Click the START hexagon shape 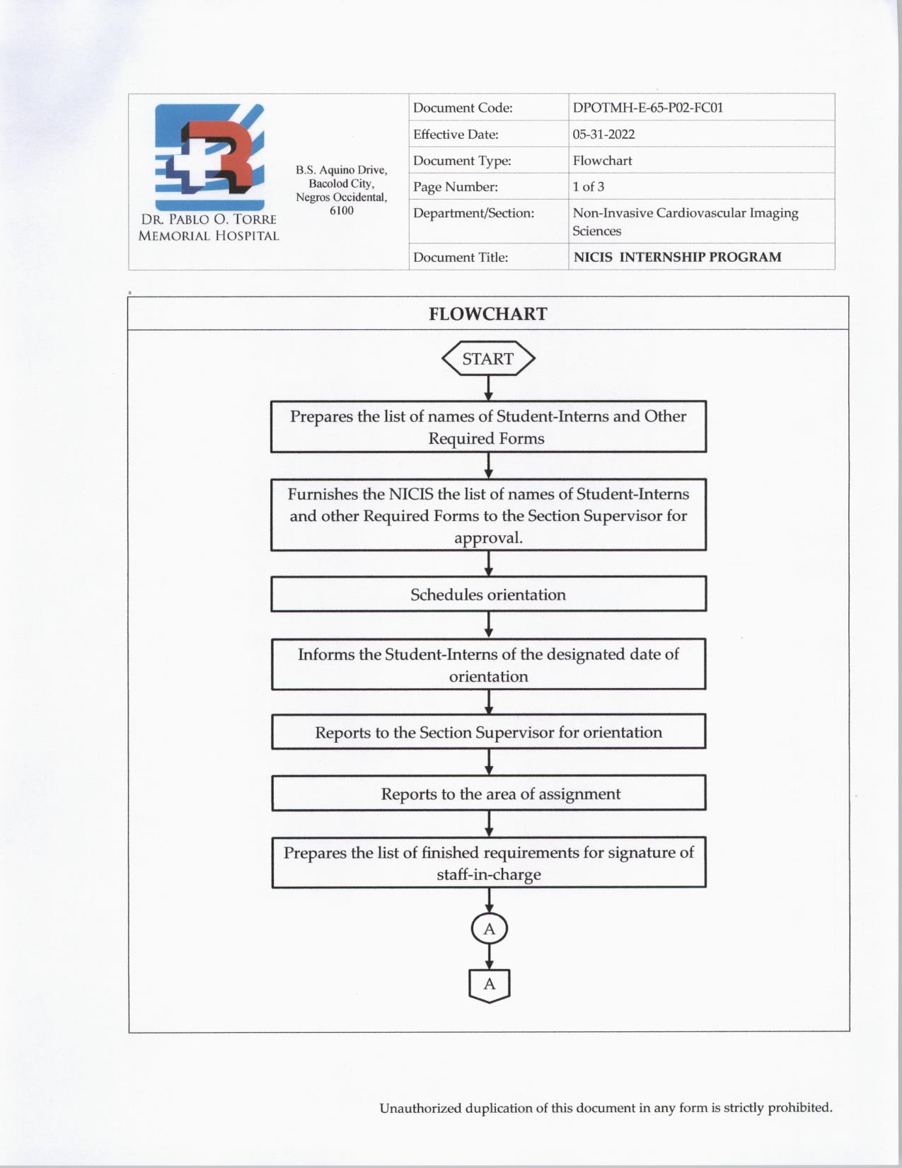[488, 359]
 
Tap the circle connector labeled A [489, 929]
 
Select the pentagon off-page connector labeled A [489, 985]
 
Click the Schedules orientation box [488, 594]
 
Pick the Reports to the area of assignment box [488, 794]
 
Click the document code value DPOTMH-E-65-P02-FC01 [647, 108]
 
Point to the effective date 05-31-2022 [603, 134]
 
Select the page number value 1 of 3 [588, 187]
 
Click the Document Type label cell [462, 161]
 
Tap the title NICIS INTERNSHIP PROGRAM [677, 257]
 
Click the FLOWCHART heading [487, 314]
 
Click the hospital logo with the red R [209, 156]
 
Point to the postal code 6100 [341, 211]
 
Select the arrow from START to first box [488, 389]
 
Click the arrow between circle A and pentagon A [489, 957]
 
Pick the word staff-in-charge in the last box [488, 875]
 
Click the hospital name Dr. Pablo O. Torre [209, 219]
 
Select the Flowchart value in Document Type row [602, 161]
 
